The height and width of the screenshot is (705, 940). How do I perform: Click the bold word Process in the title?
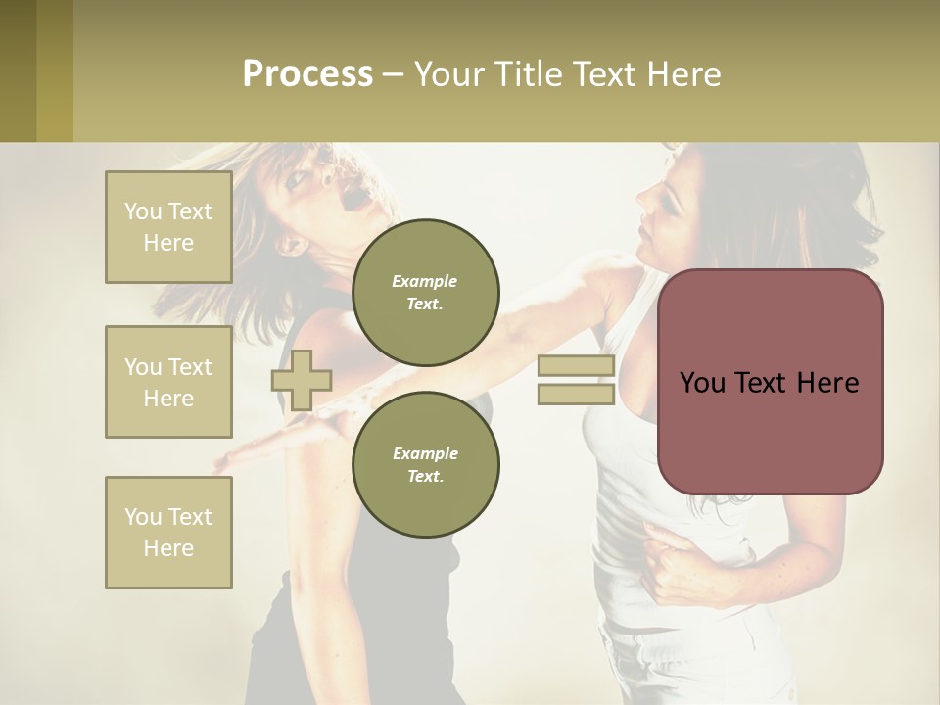click(x=307, y=74)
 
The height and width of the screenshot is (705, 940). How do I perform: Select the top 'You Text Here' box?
click(x=168, y=227)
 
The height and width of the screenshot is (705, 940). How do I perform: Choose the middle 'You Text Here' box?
click(x=168, y=382)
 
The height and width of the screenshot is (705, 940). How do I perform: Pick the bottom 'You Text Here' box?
click(x=168, y=533)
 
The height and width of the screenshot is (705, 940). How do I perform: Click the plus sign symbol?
click(x=301, y=380)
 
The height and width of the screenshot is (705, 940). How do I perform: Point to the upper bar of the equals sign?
click(x=576, y=366)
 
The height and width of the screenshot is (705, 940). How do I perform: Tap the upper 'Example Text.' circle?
click(x=425, y=293)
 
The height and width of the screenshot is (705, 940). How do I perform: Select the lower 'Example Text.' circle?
click(x=425, y=465)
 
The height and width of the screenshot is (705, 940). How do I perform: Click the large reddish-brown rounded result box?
click(x=770, y=382)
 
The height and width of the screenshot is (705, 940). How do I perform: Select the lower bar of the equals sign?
click(x=576, y=394)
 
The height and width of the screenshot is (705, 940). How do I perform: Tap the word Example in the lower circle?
click(x=425, y=453)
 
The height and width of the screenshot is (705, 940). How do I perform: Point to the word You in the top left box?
click(x=143, y=211)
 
